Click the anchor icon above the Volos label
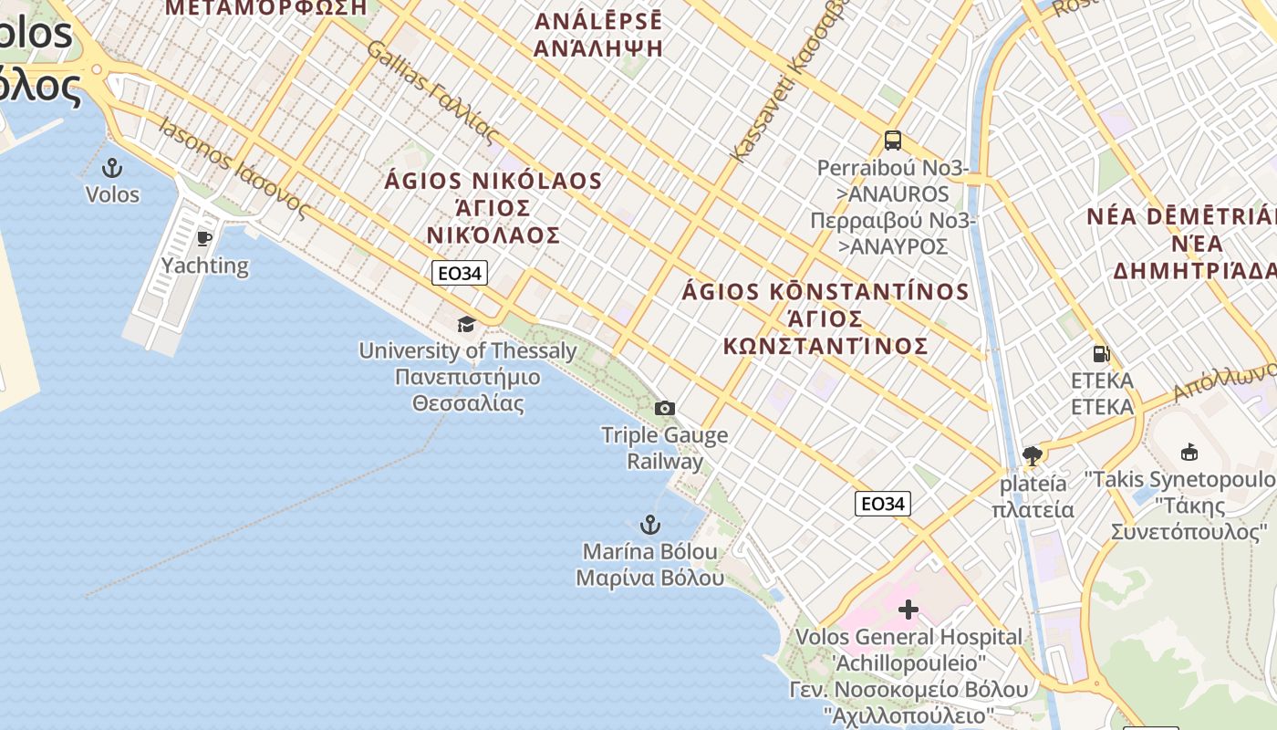[x=111, y=168]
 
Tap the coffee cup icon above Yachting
[x=204, y=239]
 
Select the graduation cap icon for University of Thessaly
[x=466, y=325]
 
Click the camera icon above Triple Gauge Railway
[x=665, y=408]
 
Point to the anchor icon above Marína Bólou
[x=649, y=525]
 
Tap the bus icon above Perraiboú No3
[x=892, y=141]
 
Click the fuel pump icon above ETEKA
[x=1101, y=354]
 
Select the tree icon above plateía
[x=1032, y=455]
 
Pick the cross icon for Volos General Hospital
[x=908, y=609]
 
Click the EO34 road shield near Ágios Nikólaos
[x=460, y=273]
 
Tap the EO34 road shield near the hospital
[x=883, y=504]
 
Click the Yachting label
[x=205, y=266]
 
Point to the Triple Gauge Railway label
[x=665, y=447]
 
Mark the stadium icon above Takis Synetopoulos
[x=1189, y=452]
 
